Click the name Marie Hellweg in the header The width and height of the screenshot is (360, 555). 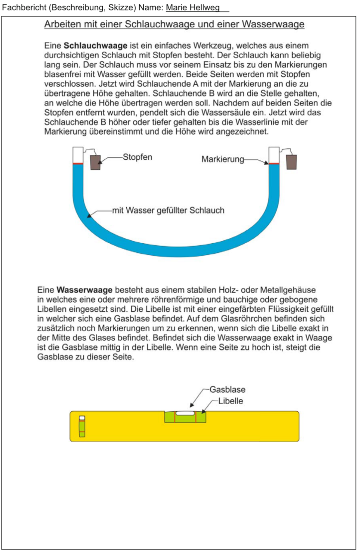coord(193,8)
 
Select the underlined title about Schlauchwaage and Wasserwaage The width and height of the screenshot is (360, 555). coord(174,24)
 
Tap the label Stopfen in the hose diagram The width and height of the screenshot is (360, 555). coord(137,157)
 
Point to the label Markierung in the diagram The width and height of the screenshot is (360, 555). coord(223,159)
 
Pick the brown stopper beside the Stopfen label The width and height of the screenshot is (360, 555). coord(96,162)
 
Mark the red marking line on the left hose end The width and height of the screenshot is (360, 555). coord(78,164)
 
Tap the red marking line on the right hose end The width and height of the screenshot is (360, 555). coord(273,164)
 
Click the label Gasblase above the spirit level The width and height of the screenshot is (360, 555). coord(227,389)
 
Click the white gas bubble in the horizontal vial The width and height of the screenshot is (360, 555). coord(185,413)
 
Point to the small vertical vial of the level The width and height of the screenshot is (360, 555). coord(82,426)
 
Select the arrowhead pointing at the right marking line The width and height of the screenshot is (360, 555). coord(267,162)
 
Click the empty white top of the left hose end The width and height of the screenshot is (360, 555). coord(78,155)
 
